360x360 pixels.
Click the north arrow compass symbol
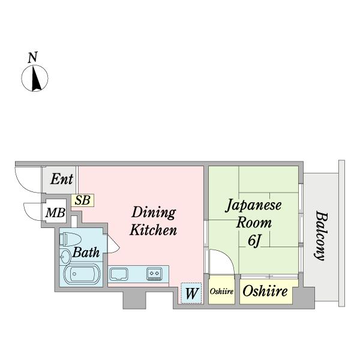click(35, 78)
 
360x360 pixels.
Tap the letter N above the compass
click(33, 58)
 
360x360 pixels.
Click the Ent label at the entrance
click(61, 179)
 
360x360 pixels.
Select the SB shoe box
click(82, 200)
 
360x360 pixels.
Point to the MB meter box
click(56, 213)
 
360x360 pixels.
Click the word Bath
click(86, 253)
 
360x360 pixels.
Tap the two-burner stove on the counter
click(154, 274)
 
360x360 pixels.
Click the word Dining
click(154, 212)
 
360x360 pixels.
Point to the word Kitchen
click(154, 230)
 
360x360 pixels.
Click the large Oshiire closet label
click(265, 292)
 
